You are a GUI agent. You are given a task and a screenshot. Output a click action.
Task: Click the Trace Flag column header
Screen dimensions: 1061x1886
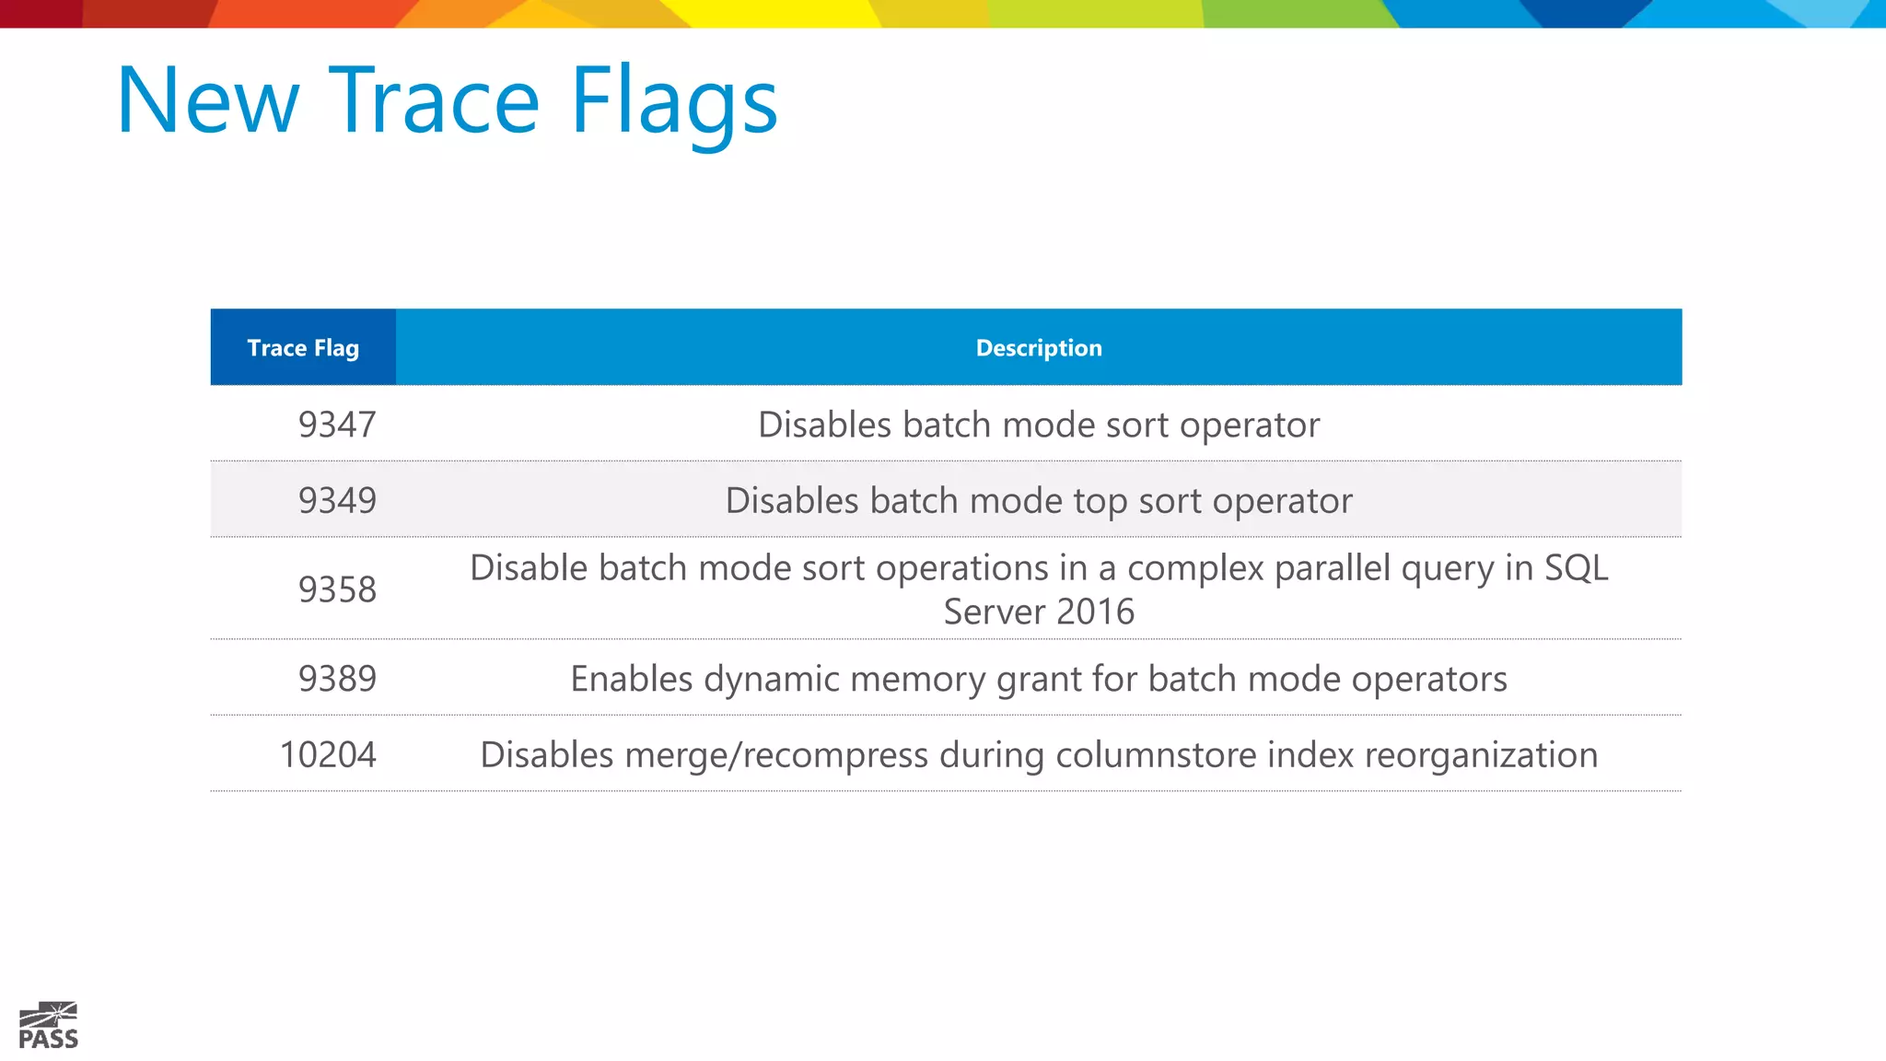[x=303, y=348]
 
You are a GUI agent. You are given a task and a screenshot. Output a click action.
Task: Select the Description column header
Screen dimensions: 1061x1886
[x=1039, y=348]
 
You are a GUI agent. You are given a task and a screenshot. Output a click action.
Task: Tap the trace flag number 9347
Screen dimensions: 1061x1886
[x=337, y=425]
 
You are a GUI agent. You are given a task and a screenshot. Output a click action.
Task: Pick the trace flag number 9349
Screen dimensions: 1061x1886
[x=337, y=500]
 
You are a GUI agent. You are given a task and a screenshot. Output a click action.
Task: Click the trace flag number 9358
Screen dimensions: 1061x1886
[x=337, y=589]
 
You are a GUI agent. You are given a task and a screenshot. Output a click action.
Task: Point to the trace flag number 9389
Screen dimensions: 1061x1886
[x=337, y=679]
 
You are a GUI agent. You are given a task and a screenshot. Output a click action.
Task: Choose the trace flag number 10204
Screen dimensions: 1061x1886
[x=328, y=755]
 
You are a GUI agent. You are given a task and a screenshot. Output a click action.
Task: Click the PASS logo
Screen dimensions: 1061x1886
[x=49, y=1025]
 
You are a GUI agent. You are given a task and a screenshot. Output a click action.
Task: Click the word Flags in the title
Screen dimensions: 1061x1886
[x=674, y=101]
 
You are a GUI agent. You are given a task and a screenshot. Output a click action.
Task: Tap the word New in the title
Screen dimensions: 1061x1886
[x=208, y=101]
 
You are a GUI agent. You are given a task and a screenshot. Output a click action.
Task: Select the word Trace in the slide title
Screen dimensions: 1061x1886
[x=434, y=101]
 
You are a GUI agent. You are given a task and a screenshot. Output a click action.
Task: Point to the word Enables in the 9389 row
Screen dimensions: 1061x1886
[x=631, y=680]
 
